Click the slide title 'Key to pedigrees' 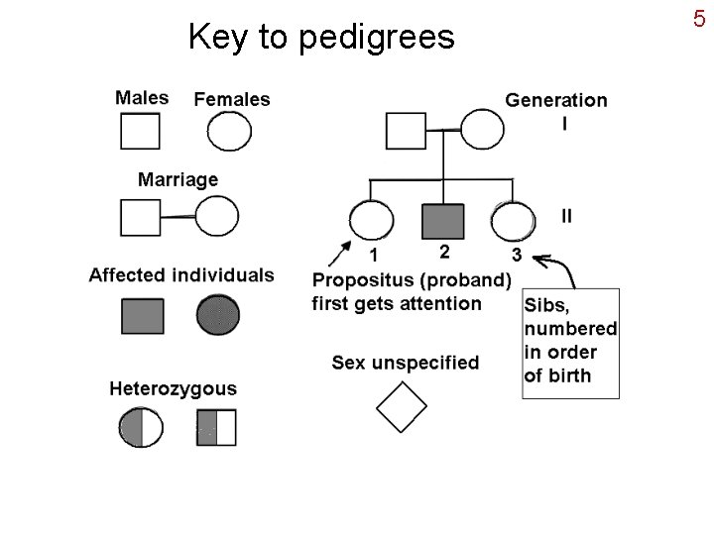coord(320,37)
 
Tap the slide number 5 coord(698,18)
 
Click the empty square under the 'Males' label coord(140,131)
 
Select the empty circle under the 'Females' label coord(229,131)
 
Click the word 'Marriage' coord(178,179)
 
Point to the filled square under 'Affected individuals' coord(142,315)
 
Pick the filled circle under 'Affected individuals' coord(218,315)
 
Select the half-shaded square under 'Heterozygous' coord(216,427)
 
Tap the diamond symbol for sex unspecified coord(402,406)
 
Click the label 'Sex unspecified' coord(405,363)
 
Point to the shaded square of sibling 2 coord(443,222)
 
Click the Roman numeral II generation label coord(566,215)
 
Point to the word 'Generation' coord(556,100)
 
